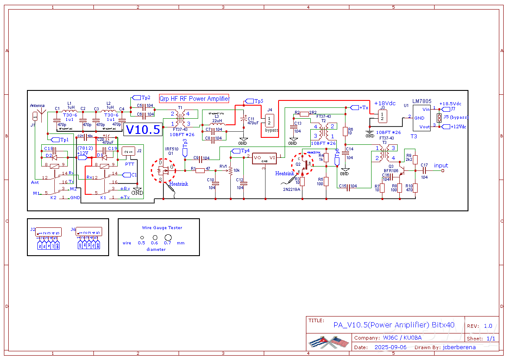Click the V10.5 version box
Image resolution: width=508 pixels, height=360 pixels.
pos(143,130)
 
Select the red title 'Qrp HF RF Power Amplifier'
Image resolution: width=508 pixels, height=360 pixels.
pos(194,99)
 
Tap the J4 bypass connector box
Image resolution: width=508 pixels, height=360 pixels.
pos(270,120)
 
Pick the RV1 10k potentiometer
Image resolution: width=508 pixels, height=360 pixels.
pos(230,170)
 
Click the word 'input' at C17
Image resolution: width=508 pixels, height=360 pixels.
pos(441,166)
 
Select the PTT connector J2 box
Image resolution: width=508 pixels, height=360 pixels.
pos(127,152)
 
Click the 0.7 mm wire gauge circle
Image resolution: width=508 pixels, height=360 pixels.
pos(168,237)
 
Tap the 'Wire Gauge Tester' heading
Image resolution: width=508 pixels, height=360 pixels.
pos(162,228)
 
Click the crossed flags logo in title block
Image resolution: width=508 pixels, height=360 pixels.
pos(329,343)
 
